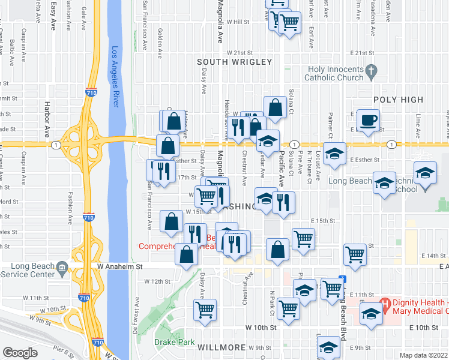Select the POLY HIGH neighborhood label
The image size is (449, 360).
(398, 100)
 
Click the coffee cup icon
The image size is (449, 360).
(368, 119)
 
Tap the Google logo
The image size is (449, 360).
(20, 352)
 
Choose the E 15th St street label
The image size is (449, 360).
(323, 221)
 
